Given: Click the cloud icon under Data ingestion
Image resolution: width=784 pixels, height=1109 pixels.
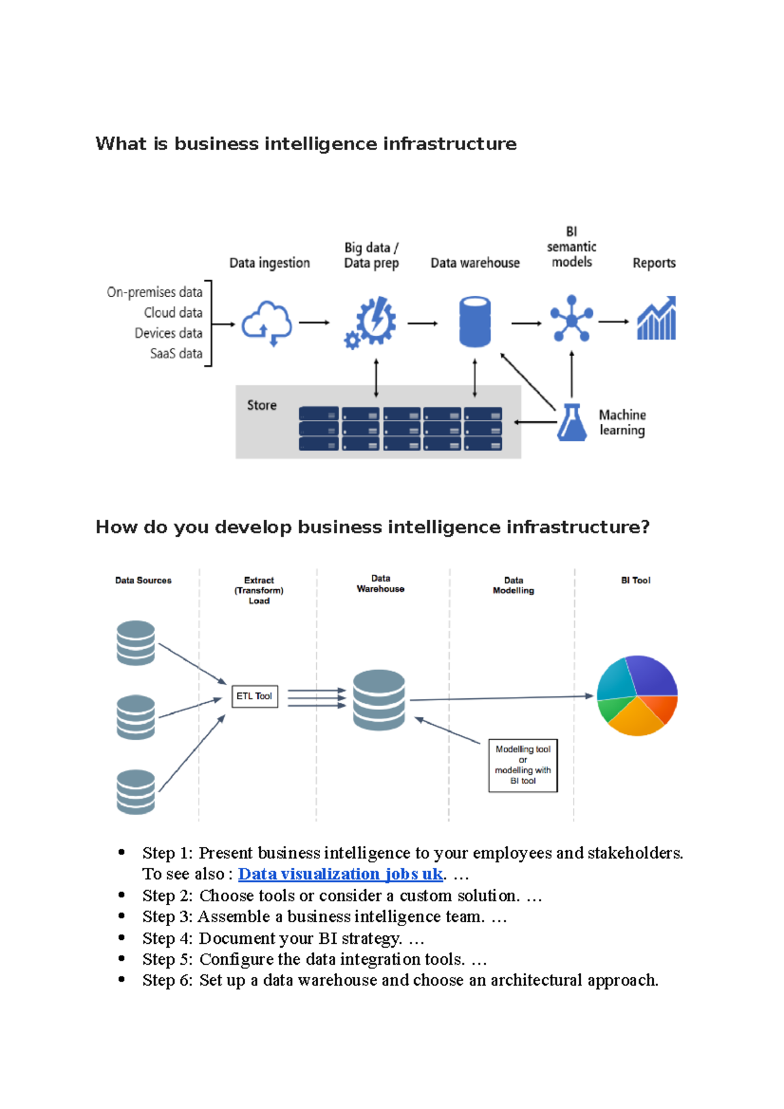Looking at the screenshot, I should [267, 323].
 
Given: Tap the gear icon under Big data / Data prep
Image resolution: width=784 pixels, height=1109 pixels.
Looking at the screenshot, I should [372, 322].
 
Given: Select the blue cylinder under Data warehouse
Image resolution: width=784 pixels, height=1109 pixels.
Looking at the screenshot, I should [475, 321].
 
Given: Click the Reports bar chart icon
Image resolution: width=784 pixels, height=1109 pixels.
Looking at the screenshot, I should [657, 319].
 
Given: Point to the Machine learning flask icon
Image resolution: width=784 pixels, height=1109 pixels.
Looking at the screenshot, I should [572, 423].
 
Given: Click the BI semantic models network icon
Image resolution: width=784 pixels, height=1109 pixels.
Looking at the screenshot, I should [572, 319].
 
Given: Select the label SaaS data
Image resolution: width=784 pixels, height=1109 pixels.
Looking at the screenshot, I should [176, 353].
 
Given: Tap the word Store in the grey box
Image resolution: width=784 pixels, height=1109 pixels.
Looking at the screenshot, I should [261, 405].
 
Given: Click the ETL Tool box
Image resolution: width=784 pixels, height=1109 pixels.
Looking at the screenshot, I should [255, 696].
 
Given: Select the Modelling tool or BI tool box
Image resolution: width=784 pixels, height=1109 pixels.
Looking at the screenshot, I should [523, 765].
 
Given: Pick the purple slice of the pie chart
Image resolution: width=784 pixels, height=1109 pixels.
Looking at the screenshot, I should [653, 676].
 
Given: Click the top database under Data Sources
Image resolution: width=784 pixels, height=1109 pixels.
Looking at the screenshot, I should [136, 643].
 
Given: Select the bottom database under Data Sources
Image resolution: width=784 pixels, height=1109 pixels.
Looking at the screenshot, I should [136, 792].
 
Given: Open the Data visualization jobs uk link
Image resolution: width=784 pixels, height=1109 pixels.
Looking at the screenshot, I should [340, 874].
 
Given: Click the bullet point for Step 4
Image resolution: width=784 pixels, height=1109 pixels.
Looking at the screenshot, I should [122, 937].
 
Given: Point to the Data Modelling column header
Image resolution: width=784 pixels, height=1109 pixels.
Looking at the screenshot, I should [514, 585].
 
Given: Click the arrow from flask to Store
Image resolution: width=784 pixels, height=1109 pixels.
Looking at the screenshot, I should [535, 423].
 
